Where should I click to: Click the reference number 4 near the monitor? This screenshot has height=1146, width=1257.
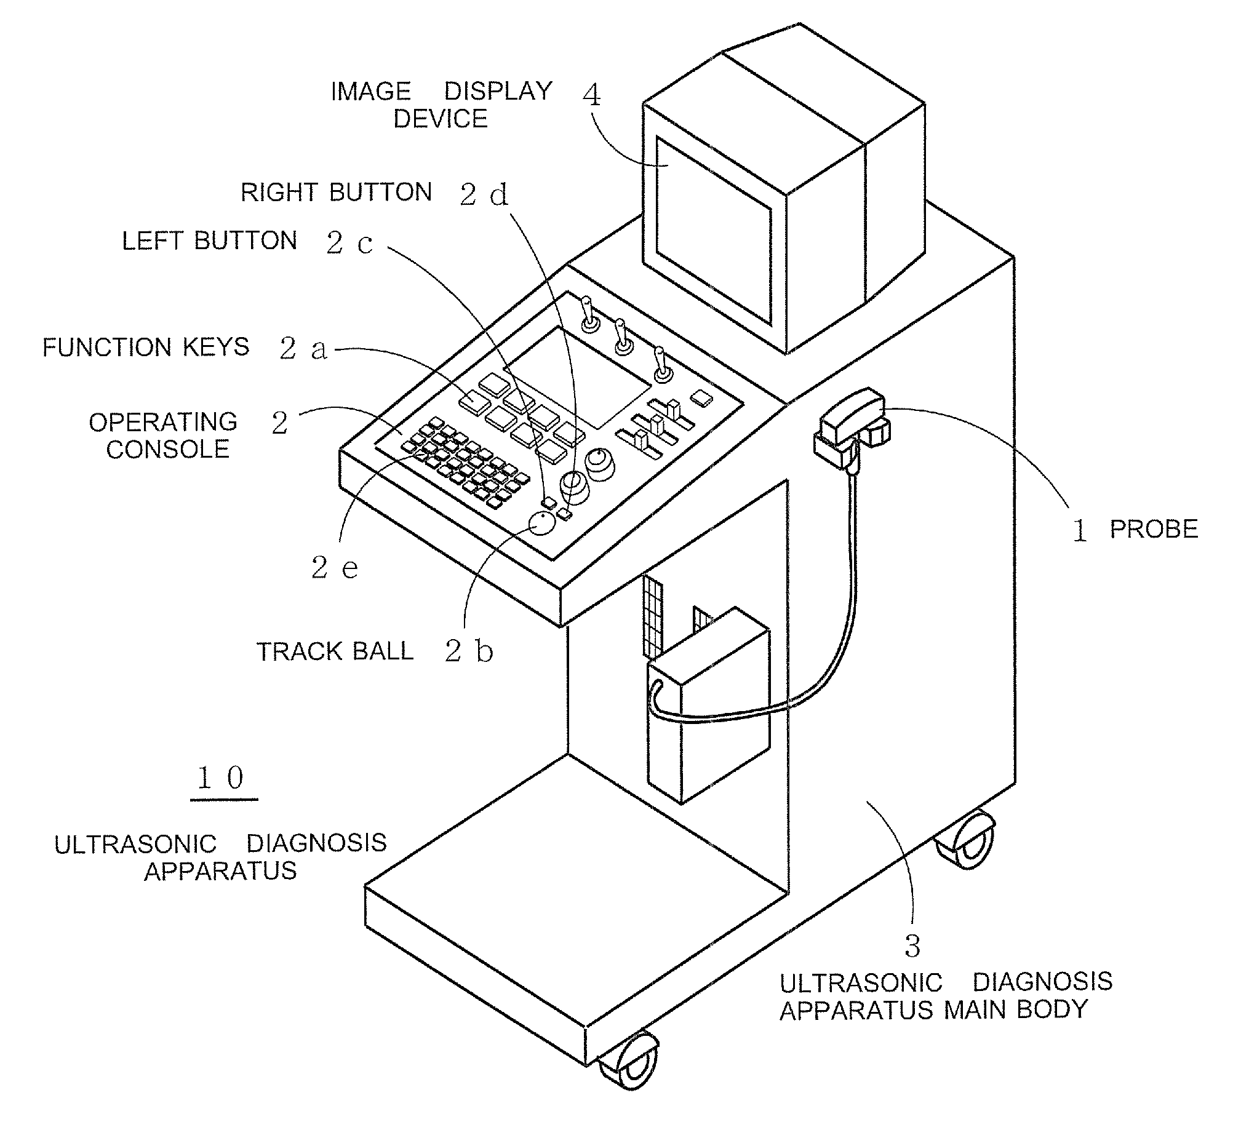[x=591, y=95]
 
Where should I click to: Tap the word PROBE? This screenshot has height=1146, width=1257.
[x=1154, y=530]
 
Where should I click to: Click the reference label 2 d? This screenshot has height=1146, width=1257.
[x=484, y=194]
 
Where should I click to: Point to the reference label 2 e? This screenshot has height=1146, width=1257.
[x=335, y=567]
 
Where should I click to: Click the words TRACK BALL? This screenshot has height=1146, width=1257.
[x=335, y=651]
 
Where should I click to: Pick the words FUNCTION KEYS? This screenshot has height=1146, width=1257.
[x=146, y=348]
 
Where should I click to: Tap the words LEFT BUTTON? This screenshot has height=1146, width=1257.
[x=209, y=241]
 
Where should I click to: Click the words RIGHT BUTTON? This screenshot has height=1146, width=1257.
[x=337, y=192]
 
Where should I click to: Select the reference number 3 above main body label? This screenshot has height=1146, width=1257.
[x=912, y=947]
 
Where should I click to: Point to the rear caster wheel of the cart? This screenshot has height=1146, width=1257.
[x=965, y=840]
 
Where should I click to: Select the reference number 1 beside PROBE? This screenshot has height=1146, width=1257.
[x=1080, y=531]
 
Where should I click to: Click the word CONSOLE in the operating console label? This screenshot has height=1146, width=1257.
[x=168, y=450]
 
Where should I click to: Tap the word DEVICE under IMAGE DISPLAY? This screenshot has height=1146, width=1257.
[x=440, y=119]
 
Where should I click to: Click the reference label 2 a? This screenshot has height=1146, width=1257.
[x=304, y=349]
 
